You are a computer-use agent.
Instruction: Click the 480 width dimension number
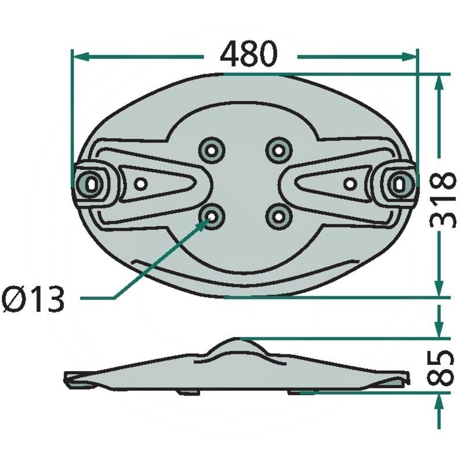(249, 54)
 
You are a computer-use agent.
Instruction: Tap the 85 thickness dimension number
(441, 368)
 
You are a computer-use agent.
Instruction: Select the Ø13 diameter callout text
(33, 299)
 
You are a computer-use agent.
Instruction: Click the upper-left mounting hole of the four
(211, 150)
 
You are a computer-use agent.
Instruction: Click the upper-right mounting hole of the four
(278, 150)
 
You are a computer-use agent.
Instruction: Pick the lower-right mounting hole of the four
(278, 217)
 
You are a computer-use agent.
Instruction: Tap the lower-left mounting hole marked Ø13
(211, 217)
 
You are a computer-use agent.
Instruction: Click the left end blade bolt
(92, 184)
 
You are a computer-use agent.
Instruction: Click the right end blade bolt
(401, 184)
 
